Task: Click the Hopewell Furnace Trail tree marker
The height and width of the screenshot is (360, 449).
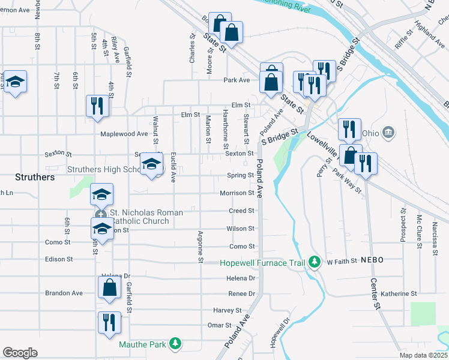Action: [313, 262]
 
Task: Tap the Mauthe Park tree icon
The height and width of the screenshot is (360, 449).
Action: [175, 344]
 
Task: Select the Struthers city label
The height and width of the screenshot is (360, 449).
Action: [35, 178]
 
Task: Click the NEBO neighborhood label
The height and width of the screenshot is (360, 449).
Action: [372, 260]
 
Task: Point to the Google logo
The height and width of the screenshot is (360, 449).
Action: [20, 353]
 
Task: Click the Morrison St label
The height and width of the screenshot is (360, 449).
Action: [237, 193]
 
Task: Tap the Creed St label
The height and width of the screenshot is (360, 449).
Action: [242, 211]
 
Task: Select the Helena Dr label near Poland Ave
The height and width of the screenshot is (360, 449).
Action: [241, 278]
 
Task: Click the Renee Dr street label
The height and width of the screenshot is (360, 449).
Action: [241, 293]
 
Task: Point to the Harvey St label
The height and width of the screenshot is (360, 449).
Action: [227, 310]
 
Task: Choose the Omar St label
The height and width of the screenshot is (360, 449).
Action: [219, 325]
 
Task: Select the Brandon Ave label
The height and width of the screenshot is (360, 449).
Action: [64, 293]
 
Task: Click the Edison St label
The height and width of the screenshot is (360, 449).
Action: [59, 259]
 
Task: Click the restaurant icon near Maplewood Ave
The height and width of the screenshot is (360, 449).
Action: [96, 106]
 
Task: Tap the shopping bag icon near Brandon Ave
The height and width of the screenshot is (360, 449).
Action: [110, 287]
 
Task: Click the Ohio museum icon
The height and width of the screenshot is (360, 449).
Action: [388, 131]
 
